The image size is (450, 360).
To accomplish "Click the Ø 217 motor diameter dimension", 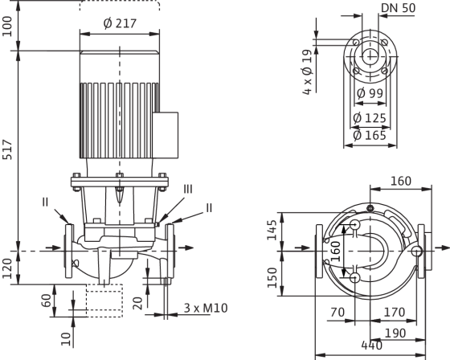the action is click(120, 23).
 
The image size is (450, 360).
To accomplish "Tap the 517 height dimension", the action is click(7, 149).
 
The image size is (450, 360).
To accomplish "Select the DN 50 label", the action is click(398, 8).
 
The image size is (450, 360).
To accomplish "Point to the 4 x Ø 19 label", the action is click(307, 72).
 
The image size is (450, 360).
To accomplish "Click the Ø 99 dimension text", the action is click(370, 93).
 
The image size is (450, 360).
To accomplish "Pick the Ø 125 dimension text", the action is click(370, 118).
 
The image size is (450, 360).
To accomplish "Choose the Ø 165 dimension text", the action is click(370, 135).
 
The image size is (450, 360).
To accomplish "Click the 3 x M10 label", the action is click(206, 308).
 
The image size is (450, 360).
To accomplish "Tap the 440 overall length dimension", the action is click(371, 346).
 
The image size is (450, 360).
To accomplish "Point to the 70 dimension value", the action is click(337, 312).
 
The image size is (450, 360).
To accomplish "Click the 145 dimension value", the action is click(272, 230).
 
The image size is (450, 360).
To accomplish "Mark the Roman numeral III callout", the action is click(188, 189).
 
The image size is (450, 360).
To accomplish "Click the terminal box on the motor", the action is click(166, 135).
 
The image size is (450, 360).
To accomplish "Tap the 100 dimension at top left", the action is click(7, 27).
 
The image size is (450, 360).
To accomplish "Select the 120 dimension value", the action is click(7, 268).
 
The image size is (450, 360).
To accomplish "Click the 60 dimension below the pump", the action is click(47, 301).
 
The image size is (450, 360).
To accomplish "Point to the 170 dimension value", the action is click(395, 312).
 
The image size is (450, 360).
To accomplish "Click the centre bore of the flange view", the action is click(370, 56).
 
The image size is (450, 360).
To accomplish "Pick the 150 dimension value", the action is click(272, 277).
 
